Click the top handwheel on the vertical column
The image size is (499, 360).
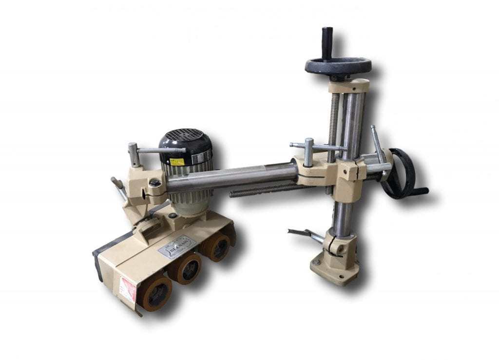point(338,66)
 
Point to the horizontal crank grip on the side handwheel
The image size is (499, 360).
point(418,191)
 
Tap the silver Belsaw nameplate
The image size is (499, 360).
point(176,246)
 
